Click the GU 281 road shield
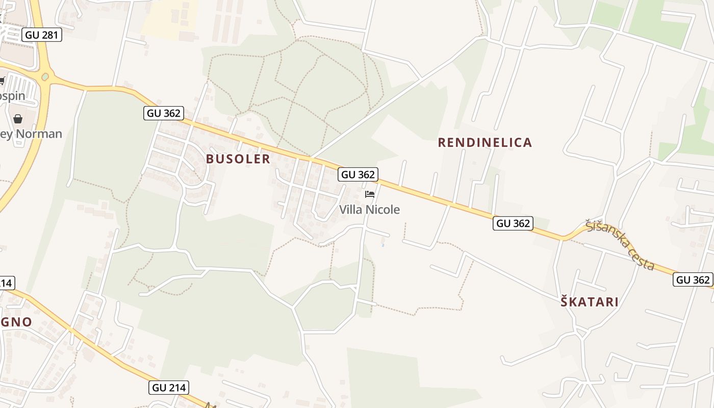tap(42, 35)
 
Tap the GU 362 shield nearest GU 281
tap(163, 113)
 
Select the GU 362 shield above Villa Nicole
tap(358, 174)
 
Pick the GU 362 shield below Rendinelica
tap(513, 223)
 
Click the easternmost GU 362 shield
tap(693, 279)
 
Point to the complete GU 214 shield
tap(169, 388)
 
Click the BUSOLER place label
tap(238, 159)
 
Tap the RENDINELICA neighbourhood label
tap(485, 142)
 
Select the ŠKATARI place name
tap(590, 302)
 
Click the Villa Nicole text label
tap(370, 210)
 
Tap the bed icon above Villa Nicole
tap(370, 194)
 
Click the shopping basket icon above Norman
tap(18, 119)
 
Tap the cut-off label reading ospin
tap(12, 96)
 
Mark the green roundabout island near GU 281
tap(45, 76)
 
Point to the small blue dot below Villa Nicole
tap(382, 245)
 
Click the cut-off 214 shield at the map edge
tap(7, 283)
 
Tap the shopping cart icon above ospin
tap(2, 81)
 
